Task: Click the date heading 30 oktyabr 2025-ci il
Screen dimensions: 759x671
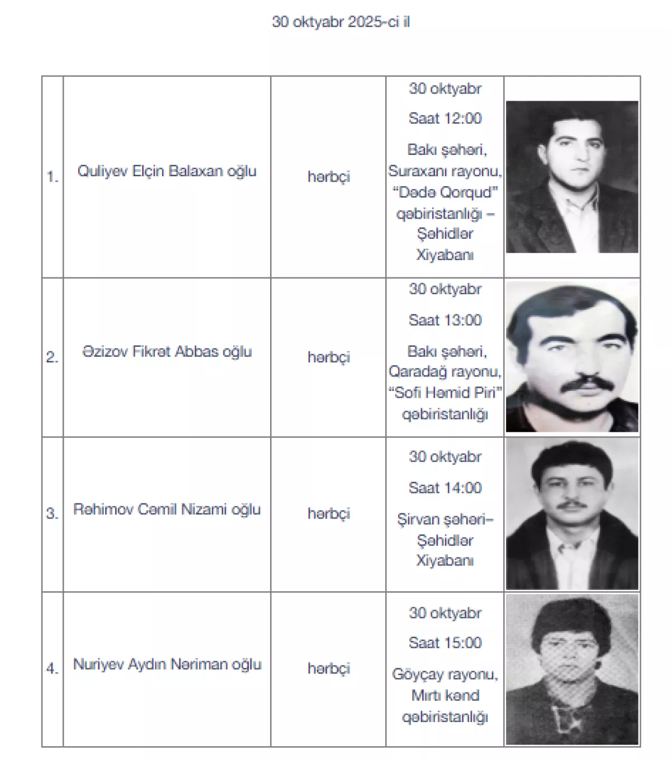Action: [x=341, y=22]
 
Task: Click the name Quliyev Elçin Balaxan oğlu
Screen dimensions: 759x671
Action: [x=167, y=171]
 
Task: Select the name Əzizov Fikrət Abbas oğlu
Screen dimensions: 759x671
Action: [x=167, y=352]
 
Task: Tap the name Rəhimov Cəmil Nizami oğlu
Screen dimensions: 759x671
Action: [x=167, y=510]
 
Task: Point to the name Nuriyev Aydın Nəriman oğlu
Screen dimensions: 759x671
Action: [x=167, y=664]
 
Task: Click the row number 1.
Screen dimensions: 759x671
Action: [x=52, y=177]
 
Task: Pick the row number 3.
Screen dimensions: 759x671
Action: [x=52, y=513]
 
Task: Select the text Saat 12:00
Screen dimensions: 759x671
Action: [x=445, y=119]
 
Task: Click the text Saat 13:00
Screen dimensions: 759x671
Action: [x=445, y=320]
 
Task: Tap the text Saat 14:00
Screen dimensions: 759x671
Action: [x=445, y=488]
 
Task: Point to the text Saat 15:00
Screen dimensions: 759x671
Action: [x=445, y=643]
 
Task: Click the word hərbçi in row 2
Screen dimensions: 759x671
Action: [x=328, y=357]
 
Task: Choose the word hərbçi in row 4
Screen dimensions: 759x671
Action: [x=328, y=668]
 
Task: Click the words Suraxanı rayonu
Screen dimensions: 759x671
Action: [x=445, y=171]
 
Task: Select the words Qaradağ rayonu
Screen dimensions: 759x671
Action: [x=445, y=371]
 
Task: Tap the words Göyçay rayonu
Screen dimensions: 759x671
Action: [x=445, y=674]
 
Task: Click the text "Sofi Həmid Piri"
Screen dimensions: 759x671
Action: [x=445, y=393]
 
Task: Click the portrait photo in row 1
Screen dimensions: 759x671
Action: [x=571, y=177]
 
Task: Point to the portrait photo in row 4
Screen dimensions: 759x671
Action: [x=571, y=669]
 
